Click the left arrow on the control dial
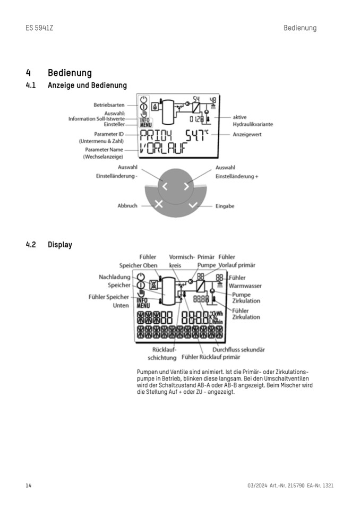165,186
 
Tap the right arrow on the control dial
186,186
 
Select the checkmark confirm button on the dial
192,205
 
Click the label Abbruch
127,206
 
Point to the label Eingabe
225,206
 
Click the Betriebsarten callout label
109,105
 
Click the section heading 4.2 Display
49,245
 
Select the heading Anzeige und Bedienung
87,85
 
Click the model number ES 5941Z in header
39,28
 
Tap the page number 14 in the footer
29,486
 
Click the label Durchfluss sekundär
238,350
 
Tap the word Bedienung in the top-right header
299,28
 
